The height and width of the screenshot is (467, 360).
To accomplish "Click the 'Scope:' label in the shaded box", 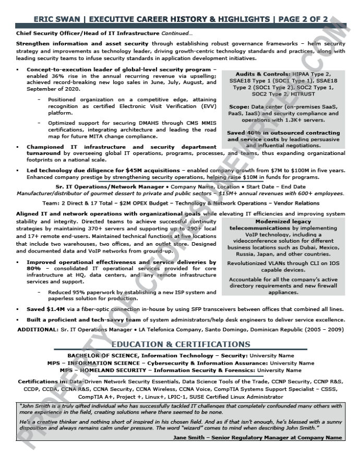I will coord(239,106).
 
